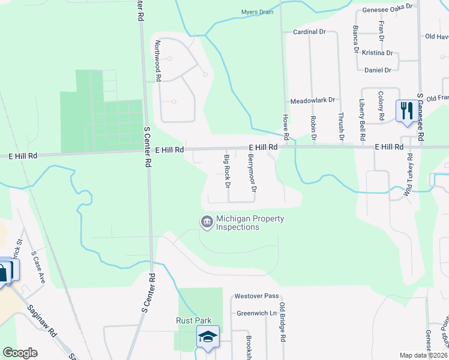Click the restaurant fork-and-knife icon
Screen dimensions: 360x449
[x=406, y=111]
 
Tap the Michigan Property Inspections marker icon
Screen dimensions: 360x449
[x=206, y=223]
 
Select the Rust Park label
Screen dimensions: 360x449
[x=191, y=320]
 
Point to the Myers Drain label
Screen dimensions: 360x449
[x=257, y=12]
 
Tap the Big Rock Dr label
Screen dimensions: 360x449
[x=227, y=171]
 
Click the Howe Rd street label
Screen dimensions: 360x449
[x=286, y=127]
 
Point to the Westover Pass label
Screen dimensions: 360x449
[x=256, y=296]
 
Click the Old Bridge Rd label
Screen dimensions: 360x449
[x=282, y=322]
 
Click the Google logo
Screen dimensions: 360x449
[x=20, y=352]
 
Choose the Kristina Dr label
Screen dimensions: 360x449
[x=377, y=53]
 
